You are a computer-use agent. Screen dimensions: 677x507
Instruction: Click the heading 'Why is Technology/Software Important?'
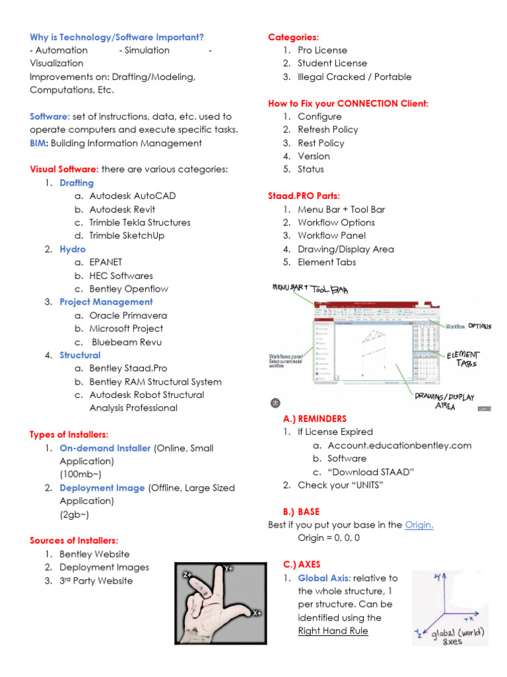click(x=116, y=37)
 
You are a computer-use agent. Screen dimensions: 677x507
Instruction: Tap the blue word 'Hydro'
click(x=73, y=249)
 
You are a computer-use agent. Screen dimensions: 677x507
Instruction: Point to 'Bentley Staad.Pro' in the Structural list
click(x=128, y=368)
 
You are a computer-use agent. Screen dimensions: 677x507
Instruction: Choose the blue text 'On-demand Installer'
click(x=105, y=448)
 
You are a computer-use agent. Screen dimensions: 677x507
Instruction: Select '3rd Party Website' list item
click(x=96, y=580)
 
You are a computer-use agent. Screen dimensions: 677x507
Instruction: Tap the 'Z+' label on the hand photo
click(x=187, y=575)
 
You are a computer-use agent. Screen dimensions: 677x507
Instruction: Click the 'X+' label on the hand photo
click(x=257, y=613)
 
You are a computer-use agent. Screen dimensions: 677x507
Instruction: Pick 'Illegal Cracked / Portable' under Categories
click(x=355, y=77)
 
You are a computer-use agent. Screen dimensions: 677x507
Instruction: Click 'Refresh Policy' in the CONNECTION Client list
click(x=328, y=130)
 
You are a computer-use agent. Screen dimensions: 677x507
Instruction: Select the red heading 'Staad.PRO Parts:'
click(x=304, y=196)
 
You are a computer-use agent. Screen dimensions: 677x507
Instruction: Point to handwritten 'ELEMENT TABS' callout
click(x=462, y=359)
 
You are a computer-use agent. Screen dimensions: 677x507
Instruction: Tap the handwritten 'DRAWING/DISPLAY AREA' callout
click(x=444, y=401)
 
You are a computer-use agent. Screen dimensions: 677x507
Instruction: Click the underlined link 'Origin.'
click(x=419, y=524)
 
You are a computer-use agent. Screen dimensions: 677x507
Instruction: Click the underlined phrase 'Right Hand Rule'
click(x=333, y=631)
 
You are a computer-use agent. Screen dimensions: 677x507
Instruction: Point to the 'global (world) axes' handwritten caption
click(x=457, y=637)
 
